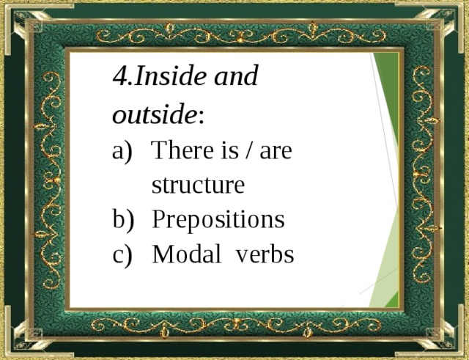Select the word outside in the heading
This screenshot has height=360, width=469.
pyautogui.click(x=154, y=115)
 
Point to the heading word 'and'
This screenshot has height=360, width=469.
pyautogui.click(x=235, y=76)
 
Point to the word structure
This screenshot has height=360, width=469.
pyautogui.click(x=198, y=185)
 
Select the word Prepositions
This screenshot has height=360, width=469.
pyautogui.click(x=218, y=221)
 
